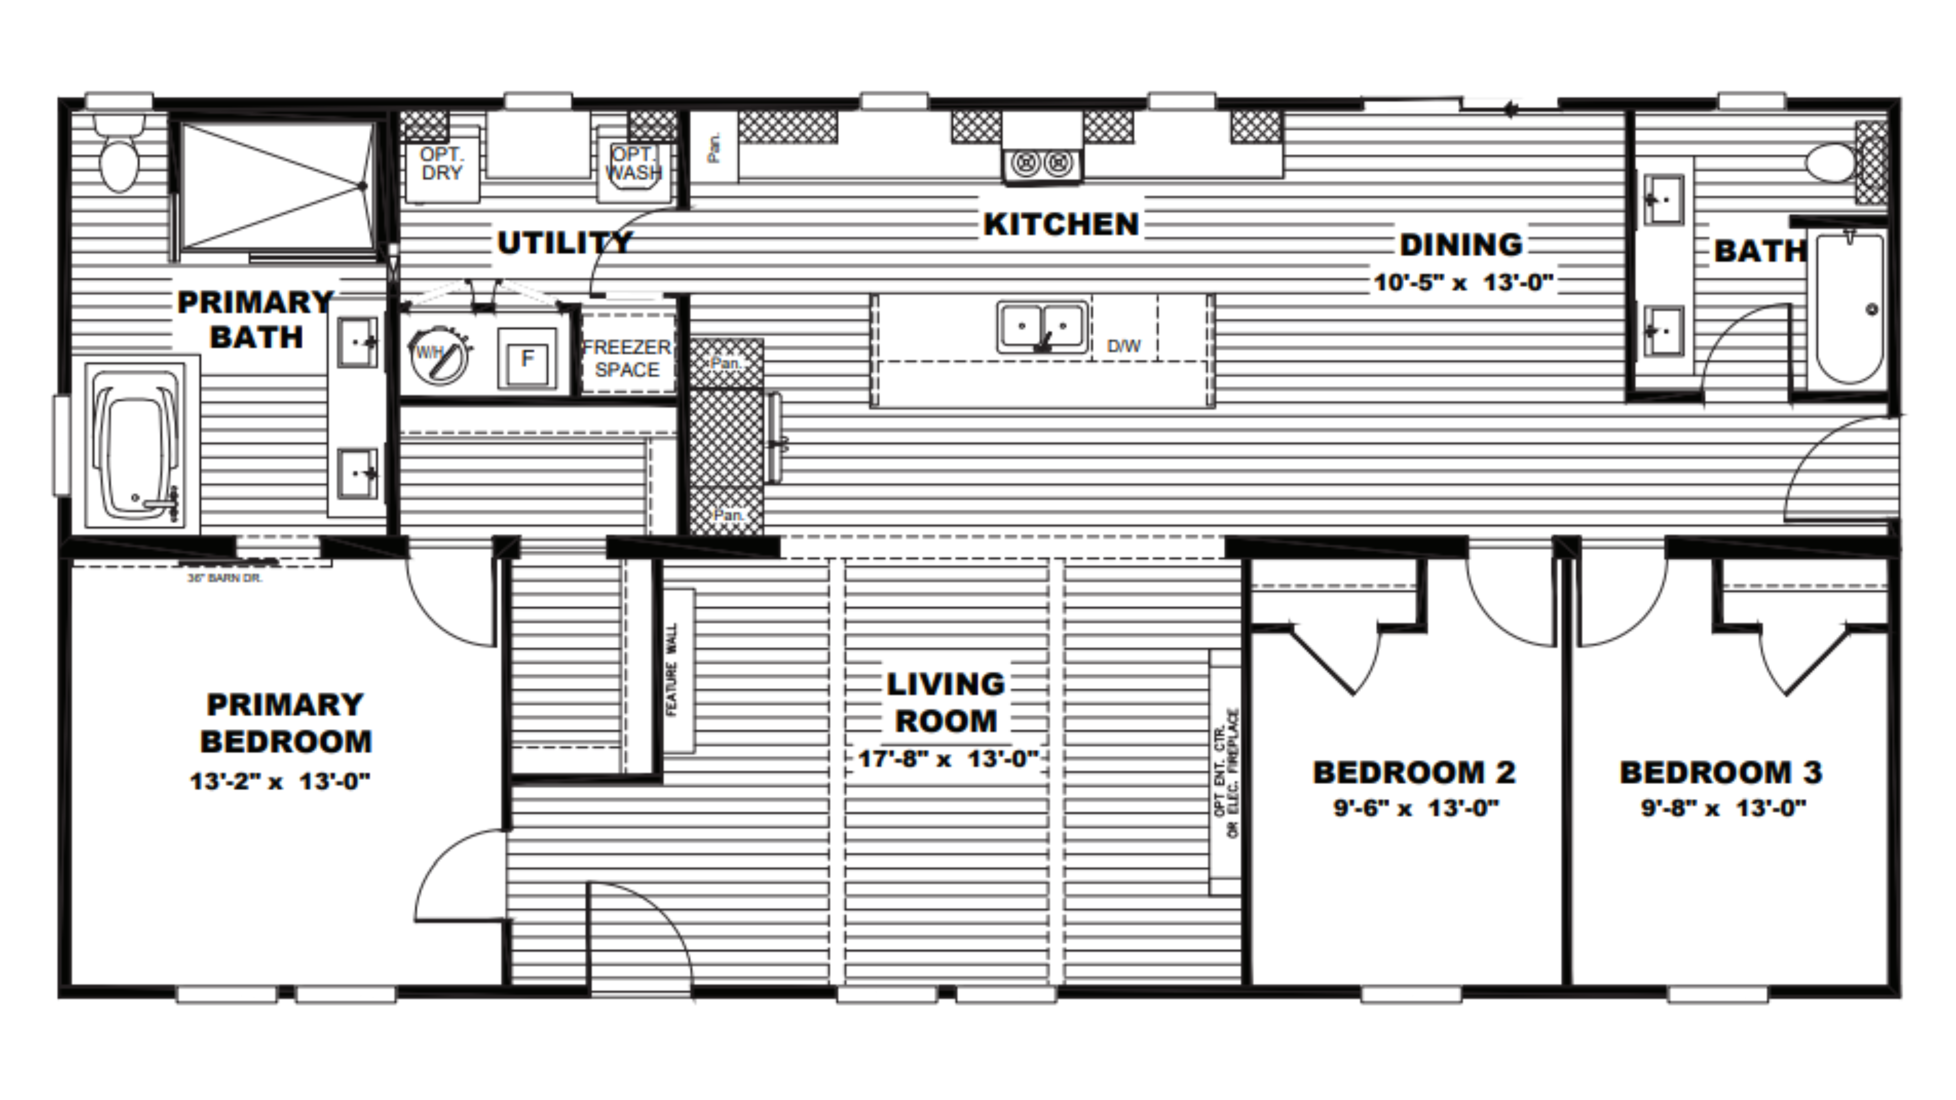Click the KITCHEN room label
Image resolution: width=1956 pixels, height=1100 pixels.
click(x=1061, y=225)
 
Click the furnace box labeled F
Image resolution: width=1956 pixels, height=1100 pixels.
click(x=527, y=358)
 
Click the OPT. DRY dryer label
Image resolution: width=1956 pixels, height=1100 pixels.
click(x=441, y=164)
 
